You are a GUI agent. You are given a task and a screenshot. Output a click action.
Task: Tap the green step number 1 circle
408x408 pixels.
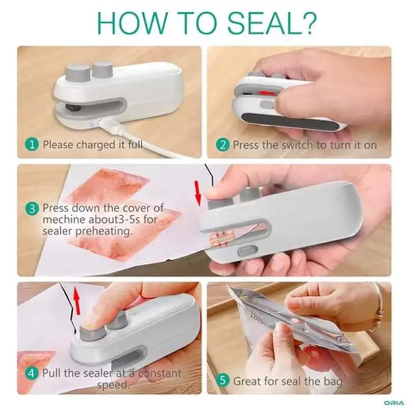coord(32,145)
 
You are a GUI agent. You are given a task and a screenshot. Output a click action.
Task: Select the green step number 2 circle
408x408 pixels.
coord(222,145)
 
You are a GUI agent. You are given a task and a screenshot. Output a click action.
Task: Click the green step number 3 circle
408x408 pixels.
coord(32,209)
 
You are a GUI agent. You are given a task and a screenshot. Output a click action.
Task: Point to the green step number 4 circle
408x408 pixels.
coord(32,373)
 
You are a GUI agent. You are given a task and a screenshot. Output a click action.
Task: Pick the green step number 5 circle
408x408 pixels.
coord(222,381)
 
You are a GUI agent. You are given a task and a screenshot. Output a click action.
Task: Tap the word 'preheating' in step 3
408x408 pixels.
coord(106,231)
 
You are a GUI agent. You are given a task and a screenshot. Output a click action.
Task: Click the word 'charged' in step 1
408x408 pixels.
coord(96,145)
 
